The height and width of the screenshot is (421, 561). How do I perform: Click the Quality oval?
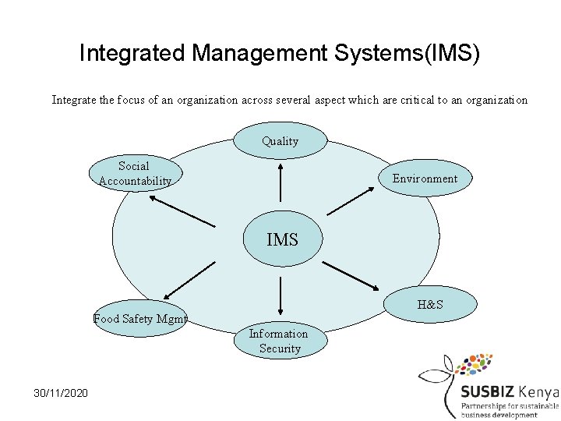(x=280, y=141)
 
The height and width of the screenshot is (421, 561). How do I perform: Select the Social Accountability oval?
(x=135, y=174)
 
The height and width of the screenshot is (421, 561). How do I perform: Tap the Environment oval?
(x=425, y=179)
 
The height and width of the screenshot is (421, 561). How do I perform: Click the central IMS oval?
(x=282, y=239)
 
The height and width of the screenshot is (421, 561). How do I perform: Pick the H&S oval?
(x=429, y=304)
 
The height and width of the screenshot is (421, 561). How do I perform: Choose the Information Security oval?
(x=279, y=341)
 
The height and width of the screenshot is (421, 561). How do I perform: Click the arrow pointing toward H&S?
(x=351, y=274)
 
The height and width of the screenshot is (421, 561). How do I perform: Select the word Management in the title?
(x=258, y=54)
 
